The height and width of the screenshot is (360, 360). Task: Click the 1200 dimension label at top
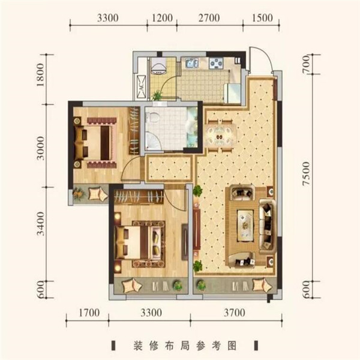[x=163, y=18]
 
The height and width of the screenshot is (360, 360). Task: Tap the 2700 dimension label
[x=209, y=18]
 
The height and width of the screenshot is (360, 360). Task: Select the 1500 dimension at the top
[x=262, y=18]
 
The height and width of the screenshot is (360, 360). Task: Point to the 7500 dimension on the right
[x=306, y=173]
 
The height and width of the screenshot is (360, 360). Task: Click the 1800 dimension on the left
[x=40, y=75]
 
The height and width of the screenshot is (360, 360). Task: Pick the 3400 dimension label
[x=40, y=224]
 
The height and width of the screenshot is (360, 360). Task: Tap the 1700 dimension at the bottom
[x=89, y=313]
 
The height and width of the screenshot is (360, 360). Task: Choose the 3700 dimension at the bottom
[x=235, y=313]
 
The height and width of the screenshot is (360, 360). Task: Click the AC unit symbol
[x=141, y=86]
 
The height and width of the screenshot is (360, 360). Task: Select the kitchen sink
[x=192, y=63]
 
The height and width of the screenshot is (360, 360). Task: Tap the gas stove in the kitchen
[x=216, y=63]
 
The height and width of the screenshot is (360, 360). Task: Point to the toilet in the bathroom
[x=154, y=118]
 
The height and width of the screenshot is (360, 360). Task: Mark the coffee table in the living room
[x=245, y=226]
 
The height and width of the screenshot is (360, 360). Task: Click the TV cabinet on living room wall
[x=196, y=230]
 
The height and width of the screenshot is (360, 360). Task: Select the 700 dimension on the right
[x=306, y=65]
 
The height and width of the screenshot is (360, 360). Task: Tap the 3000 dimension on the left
[x=40, y=148]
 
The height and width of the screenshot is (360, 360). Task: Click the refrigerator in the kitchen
[x=232, y=93]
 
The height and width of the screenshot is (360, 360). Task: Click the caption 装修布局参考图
[x=185, y=346]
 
